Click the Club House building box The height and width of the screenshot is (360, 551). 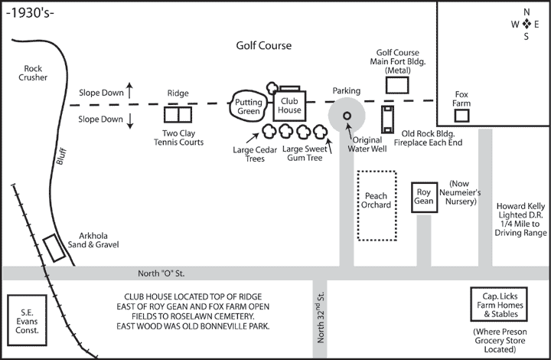click(x=290, y=105)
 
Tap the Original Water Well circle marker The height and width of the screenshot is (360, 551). click(x=347, y=116)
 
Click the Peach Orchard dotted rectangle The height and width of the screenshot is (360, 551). click(x=377, y=205)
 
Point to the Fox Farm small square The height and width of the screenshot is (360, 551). click(x=461, y=116)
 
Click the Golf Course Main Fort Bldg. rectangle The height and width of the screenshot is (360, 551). click(x=398, y=84)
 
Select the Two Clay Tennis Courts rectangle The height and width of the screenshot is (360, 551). click(x=178, y=115)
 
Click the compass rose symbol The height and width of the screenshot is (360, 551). click(x=526, y=25)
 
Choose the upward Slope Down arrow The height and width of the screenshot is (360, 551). click(x=131, y=90)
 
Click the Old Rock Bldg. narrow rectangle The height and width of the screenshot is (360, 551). click(x=387, y=119)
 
